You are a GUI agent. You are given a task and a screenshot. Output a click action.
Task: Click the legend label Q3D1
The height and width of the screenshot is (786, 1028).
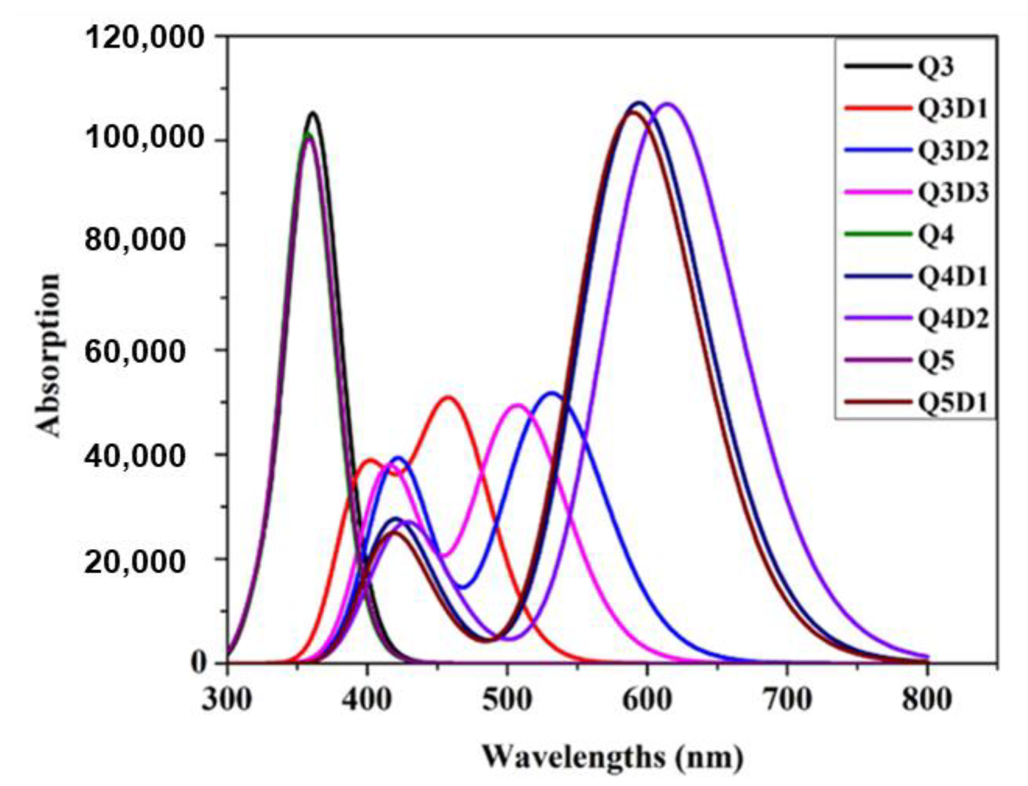point(952,109)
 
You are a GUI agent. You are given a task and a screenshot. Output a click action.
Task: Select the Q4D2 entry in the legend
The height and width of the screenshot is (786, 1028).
point(952,318)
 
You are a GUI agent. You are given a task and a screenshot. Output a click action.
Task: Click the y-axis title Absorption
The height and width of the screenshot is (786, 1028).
point(49,355)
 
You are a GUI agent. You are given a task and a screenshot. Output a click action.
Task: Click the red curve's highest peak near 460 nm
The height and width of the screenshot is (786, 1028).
point(448,398)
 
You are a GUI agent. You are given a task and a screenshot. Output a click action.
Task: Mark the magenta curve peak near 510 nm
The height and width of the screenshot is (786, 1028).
point(518,405)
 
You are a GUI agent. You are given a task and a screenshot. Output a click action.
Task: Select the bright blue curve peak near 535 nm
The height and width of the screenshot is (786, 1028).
point(552,393)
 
